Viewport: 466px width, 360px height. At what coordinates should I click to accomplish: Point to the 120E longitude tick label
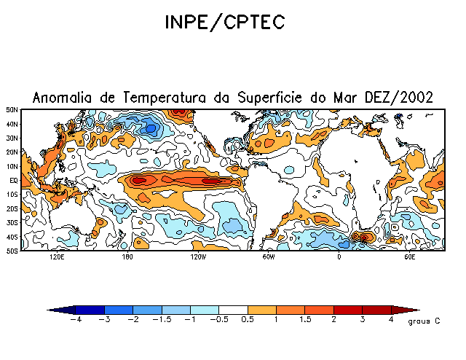pos(57,257)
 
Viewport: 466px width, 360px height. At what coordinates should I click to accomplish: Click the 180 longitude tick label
pos(127,257)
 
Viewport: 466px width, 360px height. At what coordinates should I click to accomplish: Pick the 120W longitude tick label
pos(197,257)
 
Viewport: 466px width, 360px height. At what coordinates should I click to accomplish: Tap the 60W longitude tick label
pos(268,257)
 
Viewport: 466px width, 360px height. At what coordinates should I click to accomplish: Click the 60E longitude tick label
pos(409,257)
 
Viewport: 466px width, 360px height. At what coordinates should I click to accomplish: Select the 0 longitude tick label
pos(339,257)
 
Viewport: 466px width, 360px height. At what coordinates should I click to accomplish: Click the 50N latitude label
pos(12,110)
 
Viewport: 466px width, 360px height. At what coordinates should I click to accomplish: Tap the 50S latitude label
pos(12,250)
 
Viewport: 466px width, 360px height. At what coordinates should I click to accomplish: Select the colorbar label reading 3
pos(363,320)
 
